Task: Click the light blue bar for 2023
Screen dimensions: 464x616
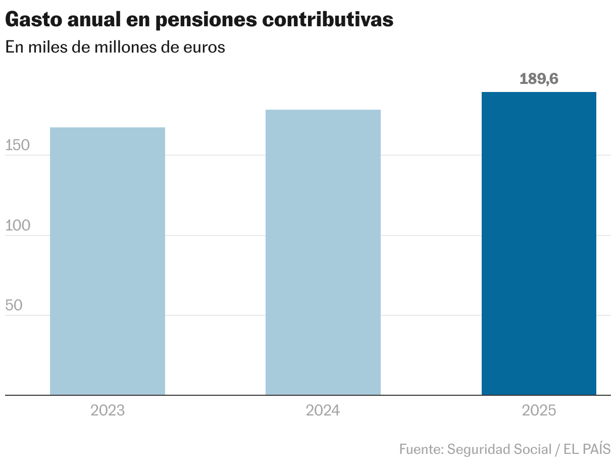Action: [x=108, y=261]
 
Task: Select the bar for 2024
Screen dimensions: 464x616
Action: [x=323, y=252]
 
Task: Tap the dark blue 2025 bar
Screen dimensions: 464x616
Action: [x=539, y=243]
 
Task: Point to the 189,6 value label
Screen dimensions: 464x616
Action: [x=539, y=79]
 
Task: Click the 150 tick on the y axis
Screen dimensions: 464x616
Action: [x=18, y=146]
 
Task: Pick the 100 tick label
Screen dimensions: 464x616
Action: [x=18, y=226]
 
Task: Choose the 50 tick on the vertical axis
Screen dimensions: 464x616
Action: [x=14, y=306]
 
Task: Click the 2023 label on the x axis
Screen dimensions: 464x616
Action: [x=108, y=410]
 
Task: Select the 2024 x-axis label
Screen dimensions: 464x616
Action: [x=323, y=410]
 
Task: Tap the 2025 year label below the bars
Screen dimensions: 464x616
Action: [x=539, y=410]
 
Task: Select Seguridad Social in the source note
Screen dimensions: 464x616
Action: [x=499, y=449]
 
